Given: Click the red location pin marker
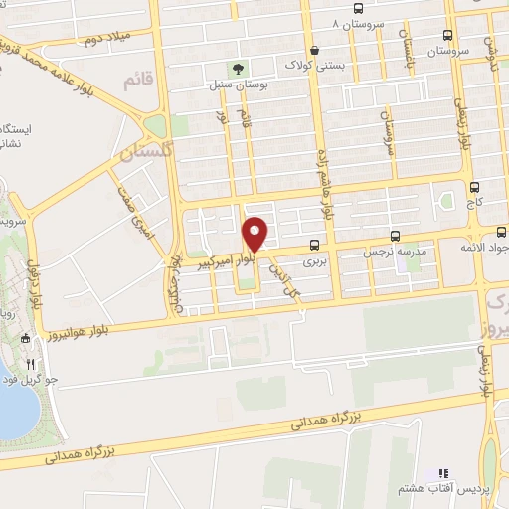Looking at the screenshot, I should tap(256, 234).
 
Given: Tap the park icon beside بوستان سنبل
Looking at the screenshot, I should tap(237, 69).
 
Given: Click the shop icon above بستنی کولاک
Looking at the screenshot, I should tap(315, 50).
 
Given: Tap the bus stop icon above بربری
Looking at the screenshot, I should tap(315, 244).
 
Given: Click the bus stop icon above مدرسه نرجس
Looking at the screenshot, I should tap(396, 237).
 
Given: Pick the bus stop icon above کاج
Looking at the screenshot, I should tap(474, 186).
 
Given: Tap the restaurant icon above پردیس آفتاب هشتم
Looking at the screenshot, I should tap(443, 474).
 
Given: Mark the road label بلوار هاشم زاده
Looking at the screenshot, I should tap(326, 189).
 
